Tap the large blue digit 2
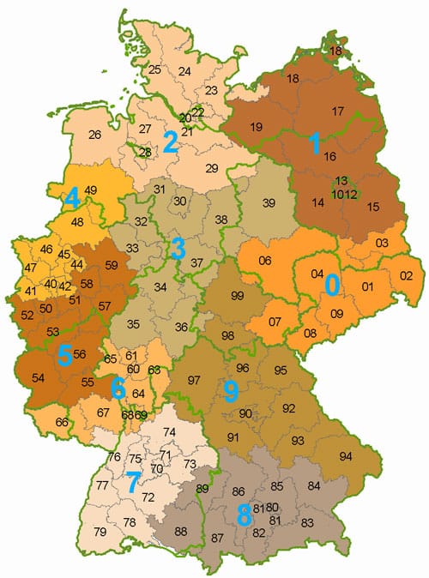[171, 142]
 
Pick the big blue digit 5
[63, 353]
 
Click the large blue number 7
[131, 482]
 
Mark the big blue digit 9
[230, 392]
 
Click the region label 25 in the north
[155, 69]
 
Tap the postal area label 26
[94, 134]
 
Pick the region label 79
[100, 533]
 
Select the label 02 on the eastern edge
[406, 274]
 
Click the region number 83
[307, 522]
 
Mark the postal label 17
[337, 111]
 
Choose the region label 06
[265, 262]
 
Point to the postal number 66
[61, 422]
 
